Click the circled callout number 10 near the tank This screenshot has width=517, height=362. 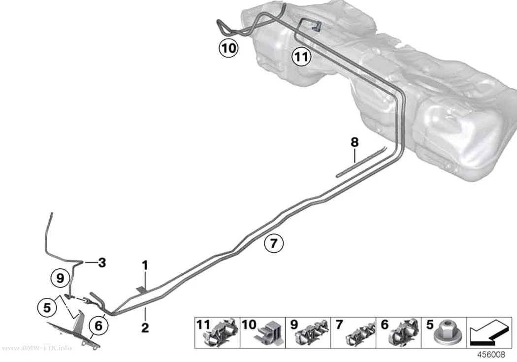pos(228,48)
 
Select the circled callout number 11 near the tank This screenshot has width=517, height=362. pos(301,57)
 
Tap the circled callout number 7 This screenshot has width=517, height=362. pos(274,244)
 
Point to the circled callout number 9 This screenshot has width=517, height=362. pos(60,278)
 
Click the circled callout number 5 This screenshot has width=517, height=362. pos(47,308)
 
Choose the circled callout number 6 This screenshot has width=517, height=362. pos(98,326)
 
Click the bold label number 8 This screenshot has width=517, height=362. pos(355,143)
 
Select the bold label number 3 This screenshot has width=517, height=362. pos(102,263)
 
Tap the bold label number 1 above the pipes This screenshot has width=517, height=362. pos(145,265)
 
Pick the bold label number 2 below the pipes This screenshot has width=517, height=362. pos(145,328)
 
